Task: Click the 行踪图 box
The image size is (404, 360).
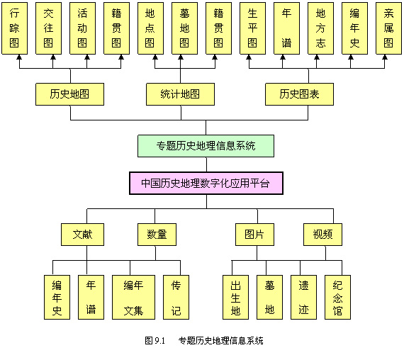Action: pyautogui.click(x=14, y=28)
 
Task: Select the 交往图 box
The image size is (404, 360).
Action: pyautogui.click(x=48, y=28)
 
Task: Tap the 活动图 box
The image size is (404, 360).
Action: pyautogui.click(x=82, y=28)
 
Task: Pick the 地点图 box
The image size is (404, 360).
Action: pyautogui.click(x=150, y=28)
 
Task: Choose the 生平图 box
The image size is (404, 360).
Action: pyautogui.click(x=252, y=28)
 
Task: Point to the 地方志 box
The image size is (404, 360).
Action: pyautogui.click(x=320, y=28)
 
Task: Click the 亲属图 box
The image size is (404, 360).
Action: pyautogui.click(x=388, y=28)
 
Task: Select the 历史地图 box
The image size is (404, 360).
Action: pyautogui.click(x=70, y=94)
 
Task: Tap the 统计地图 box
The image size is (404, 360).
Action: pyautogui.click(x=180, y=94)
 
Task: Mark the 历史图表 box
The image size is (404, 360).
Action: pyautogui.click(x=299, y=94)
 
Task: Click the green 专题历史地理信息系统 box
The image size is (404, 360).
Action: pyautogui.click(x=206, y=146)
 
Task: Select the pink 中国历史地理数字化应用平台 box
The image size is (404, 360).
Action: pyautogui.click(x=206, y=184)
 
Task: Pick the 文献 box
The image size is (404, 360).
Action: pyautogui.click(x=82, y=235)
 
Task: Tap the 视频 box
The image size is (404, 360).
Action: pyautogui.click(x=322, y=235)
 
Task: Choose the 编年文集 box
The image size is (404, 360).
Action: pyautogui.click(x=133, y=298)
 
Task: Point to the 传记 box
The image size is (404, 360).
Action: pyautogui.click(x=176, y=298)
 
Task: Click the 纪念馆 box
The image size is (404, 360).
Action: pyautogui.click(x=337, y=298)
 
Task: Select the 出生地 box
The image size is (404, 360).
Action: pyautogui.click(x=235, y=298)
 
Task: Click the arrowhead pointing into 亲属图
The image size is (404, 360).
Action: pyautogui.click(x=385, y=57)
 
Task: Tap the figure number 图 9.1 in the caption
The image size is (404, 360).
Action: pyautogui.click(x=155, y=341)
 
